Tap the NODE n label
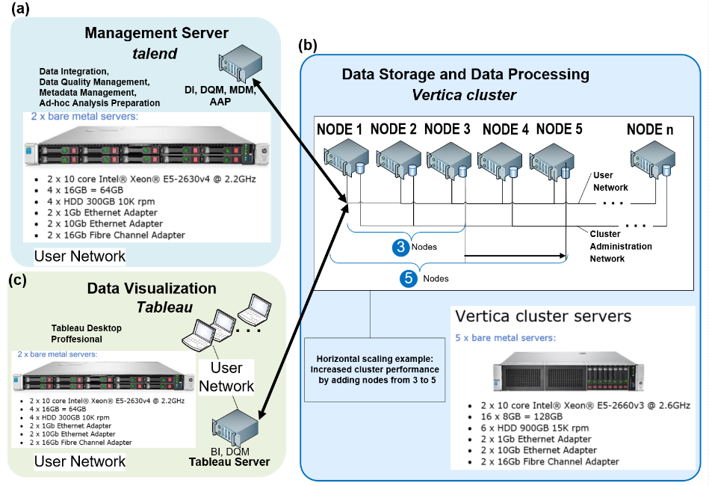point(650,130)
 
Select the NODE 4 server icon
point(500,160)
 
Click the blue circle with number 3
point(400,247)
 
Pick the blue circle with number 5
point(409,278)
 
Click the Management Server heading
point(156,33)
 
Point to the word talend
point(155,54)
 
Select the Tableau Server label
point(229,462)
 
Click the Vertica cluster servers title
point(543,316)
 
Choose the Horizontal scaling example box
point(374,369)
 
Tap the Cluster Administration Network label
point(620,246)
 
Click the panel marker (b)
point(308,45)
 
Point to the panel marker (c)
point(18,280)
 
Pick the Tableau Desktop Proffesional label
point(86,333)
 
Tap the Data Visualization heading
point(152,289)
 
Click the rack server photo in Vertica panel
point(569,371)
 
